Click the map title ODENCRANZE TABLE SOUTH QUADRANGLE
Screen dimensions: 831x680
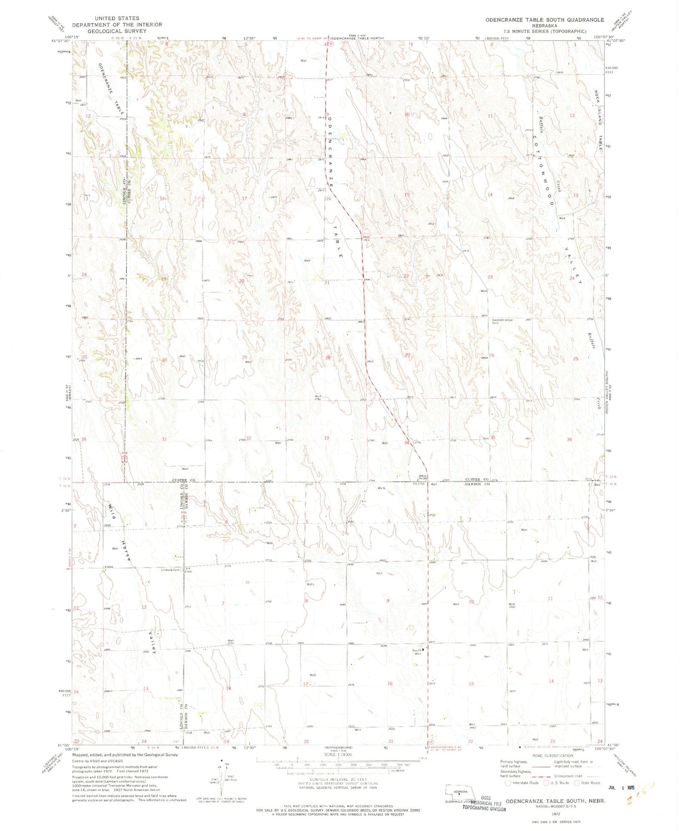[x=544, y=20]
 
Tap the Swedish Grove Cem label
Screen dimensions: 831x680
[x=502, y=321]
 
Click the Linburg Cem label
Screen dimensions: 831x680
[x=171, y=570]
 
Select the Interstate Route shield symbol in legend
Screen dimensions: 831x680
[x=508, y=783]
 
